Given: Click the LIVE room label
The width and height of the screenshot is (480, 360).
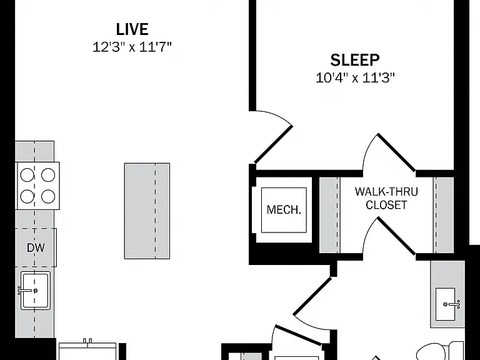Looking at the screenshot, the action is (132, 29).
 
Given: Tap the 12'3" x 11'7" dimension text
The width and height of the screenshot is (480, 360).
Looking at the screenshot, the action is (132, 47).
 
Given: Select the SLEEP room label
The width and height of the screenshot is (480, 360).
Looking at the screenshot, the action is (355, 60).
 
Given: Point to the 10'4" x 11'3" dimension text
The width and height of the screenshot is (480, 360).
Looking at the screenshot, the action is (355, 77).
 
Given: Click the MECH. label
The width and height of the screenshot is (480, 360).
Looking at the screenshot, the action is (284, 210).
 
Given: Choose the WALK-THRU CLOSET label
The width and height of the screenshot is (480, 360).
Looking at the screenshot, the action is (386, 198).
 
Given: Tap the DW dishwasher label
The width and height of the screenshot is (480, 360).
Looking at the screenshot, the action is (36, 247).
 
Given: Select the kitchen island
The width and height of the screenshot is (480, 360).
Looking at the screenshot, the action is (147, 211).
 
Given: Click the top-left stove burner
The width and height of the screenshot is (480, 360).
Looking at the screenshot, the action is (27, 176).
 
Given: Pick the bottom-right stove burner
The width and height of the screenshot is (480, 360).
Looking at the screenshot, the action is (48, 196).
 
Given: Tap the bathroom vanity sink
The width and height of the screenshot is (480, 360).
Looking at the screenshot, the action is (446, 304).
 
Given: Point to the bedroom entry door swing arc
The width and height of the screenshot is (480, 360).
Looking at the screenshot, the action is (280, 116).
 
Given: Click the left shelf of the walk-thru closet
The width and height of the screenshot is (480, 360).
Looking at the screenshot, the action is (329, 215).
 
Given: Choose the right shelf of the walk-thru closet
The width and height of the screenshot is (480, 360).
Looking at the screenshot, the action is (444, 215).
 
